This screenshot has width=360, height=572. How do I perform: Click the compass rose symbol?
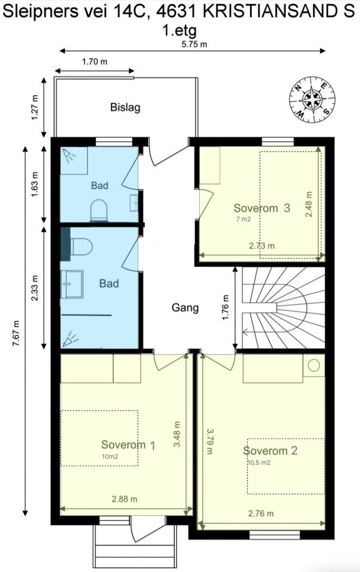(x=312, y=99)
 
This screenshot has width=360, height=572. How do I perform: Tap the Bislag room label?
(x=125, y=107)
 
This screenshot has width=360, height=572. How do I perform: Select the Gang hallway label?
(x=185, y=308)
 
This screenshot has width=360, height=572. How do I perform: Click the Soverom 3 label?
(x=262, y=208)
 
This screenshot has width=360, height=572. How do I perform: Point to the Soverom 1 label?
(x=128, y=445)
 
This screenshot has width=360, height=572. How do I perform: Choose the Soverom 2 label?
(x=270, y=451)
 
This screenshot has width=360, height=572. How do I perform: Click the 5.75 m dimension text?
(x=194, y=44)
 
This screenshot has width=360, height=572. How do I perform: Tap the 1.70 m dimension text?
(x=94, y=61)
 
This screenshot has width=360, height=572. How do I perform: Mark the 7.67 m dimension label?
(x=16, y=333)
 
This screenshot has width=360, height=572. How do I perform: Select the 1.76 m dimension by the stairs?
(x=226, y=307)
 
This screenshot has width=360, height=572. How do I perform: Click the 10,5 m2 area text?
(x=259, y=462)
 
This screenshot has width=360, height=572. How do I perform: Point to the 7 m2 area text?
(x=244, y=219)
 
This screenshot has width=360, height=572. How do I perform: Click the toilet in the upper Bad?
(x=99, y=210)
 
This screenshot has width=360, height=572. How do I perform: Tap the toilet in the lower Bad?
(x=81, y=247)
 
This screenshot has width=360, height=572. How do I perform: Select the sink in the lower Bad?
(x=72, y=284)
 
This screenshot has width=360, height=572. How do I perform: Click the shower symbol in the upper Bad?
(x=69, y=155)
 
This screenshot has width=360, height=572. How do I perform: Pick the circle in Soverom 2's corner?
(x=314, y=366)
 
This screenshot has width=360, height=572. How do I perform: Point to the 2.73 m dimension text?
(x=262, y=245)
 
